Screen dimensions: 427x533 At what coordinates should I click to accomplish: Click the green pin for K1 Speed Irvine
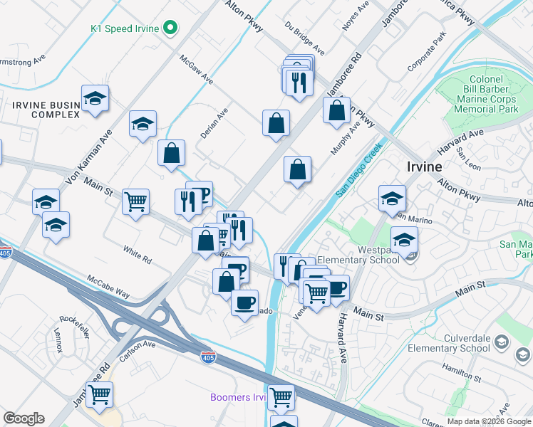170,28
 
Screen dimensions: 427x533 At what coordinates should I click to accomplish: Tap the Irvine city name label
424,166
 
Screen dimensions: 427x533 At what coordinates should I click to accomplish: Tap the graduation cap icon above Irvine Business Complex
95,100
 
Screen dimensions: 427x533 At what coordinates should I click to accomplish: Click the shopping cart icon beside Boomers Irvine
281,396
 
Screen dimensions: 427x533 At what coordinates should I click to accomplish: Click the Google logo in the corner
24,418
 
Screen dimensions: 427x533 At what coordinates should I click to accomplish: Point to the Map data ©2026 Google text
488,421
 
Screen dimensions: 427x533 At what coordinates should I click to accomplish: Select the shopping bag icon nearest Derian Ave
172,154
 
